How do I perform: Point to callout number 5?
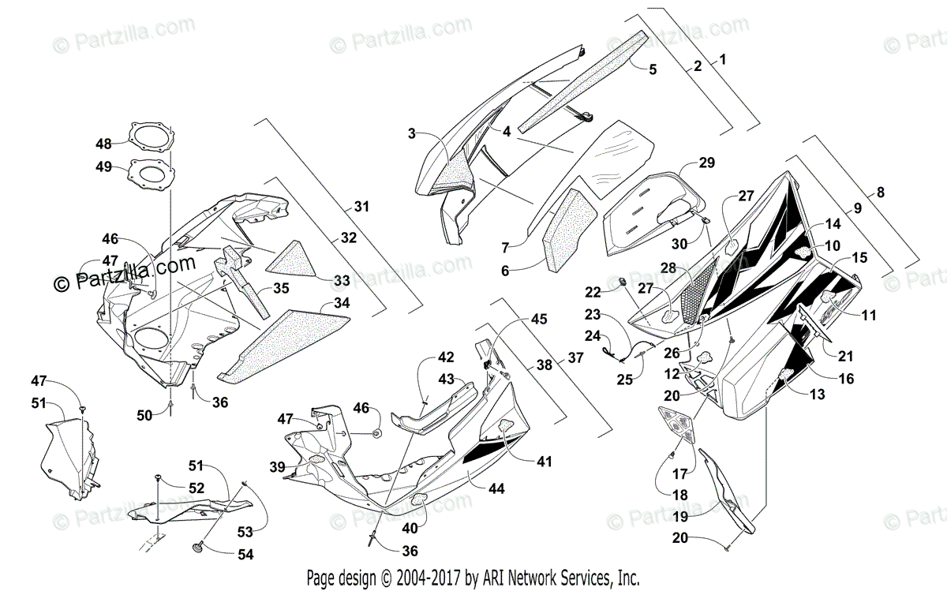[652, 69]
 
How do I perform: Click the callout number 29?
[706, 163]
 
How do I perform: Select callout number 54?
[245, 554]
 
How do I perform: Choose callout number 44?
[496, 488]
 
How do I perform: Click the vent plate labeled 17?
[678, 427]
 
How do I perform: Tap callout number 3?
[411, 133]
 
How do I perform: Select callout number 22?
[593, 292]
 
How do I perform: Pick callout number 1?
[723, 59]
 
